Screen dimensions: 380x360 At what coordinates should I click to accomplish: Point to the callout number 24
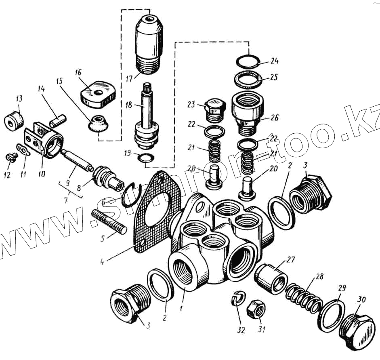275,61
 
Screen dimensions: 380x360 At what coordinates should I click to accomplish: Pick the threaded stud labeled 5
109,220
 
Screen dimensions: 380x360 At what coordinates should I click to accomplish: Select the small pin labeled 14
57,120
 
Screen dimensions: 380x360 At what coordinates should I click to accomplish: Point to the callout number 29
342,288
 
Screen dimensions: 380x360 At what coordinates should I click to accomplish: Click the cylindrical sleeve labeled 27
271,279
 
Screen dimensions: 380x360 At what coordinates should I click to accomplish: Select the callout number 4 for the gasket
103,261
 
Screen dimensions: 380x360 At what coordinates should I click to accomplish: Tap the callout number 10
41,175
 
